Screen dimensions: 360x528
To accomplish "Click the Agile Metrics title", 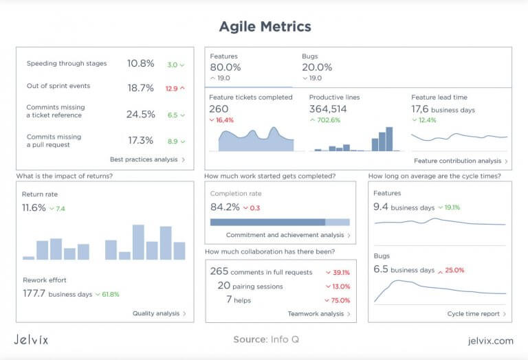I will tap(265, 27).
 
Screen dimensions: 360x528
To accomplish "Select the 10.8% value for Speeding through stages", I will tap(140, 63).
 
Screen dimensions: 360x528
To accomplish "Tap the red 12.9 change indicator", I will tap(175, 89).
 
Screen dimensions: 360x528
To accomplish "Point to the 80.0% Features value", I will tap(225, 67).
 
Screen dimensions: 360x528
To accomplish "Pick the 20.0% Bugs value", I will tap(317, 67).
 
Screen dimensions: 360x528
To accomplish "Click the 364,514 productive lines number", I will tap(328, 109).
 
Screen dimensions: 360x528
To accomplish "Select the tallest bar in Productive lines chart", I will tap(389, 139).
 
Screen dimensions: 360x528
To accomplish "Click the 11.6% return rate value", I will tap(34, 207).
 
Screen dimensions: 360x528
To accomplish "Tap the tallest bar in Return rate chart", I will tap(138, 242).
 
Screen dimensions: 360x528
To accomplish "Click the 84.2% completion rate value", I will tap(225, 207).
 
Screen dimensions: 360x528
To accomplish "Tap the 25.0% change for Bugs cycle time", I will tap(452, 270).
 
